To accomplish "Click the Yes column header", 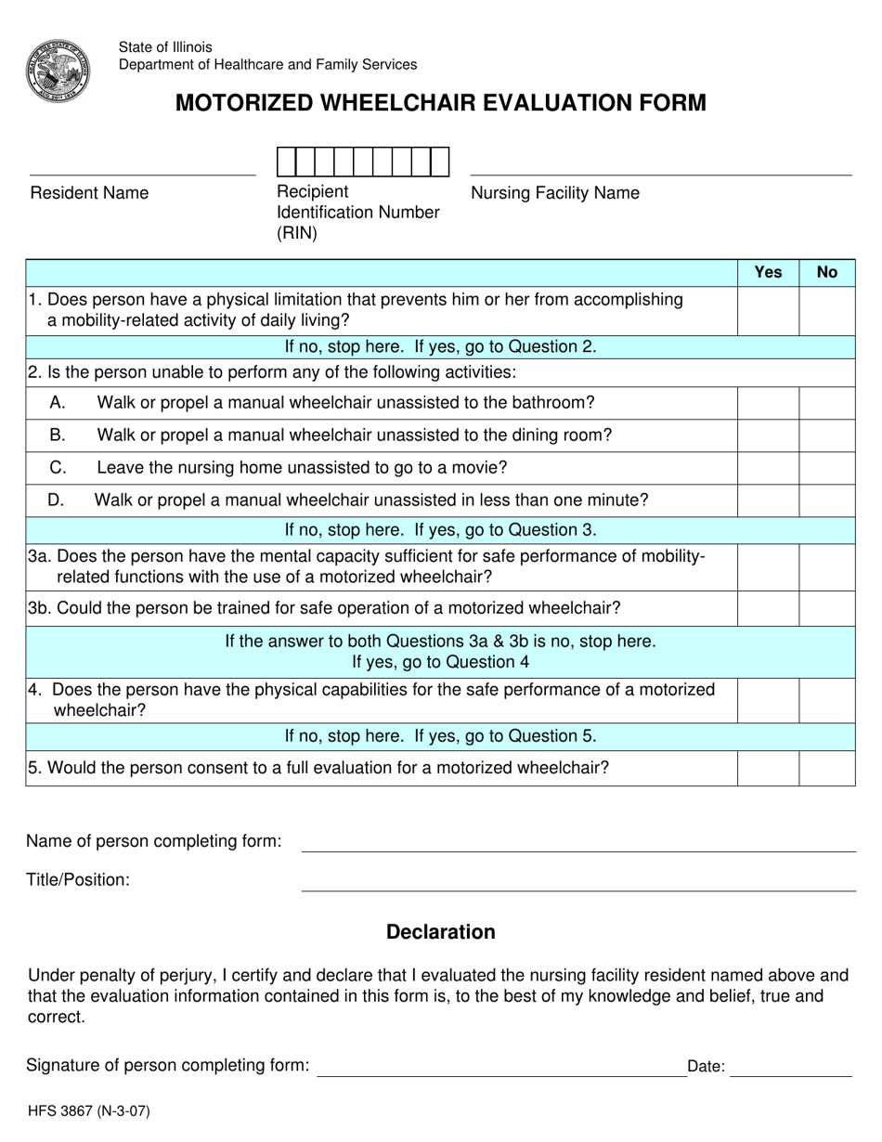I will (x=768, y=272).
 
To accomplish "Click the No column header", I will (x=826, y=272).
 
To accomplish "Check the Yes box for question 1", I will (x=768, y=311).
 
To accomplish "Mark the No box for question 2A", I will (x=826, y=403).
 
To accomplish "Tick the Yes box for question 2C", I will (x=768, y=468).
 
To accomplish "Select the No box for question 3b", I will (x=826, y=609).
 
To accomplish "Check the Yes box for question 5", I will (x=768, y=769).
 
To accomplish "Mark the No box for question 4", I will (x=826, y=701).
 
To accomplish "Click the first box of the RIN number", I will (x=286, y=162).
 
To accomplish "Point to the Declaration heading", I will (x=441, y=932).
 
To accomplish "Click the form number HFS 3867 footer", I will (x=88, y=1110).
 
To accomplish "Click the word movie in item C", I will (x=482, y=468).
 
